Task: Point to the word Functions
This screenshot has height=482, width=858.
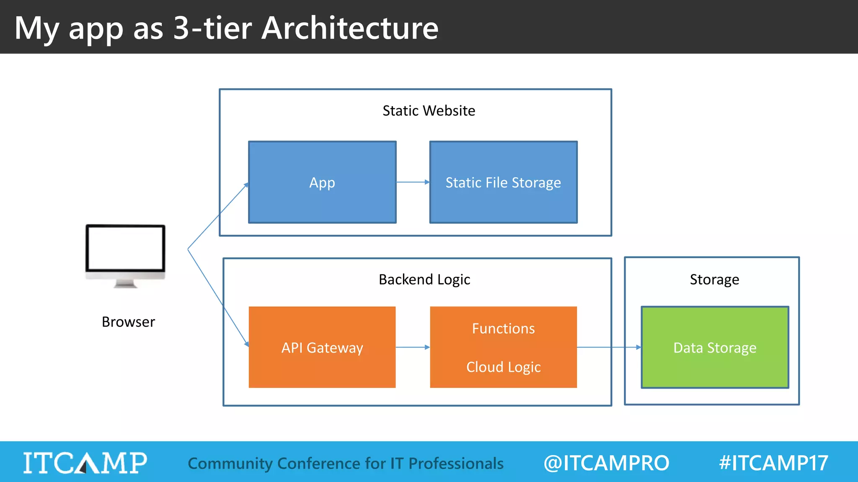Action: (503, 328)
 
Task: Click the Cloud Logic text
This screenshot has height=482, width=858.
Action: (503, 367)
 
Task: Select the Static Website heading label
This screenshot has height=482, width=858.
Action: (429, 111)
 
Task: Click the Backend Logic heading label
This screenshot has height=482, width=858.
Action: (424, 279)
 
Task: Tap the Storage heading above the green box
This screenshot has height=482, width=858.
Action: (714, 279)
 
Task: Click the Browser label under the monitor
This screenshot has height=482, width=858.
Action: (128, 322)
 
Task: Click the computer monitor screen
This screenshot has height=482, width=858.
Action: (125, 248)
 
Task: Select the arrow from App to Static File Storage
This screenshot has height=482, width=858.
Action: (413, 182)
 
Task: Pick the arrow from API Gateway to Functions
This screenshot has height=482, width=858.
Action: (413, 347)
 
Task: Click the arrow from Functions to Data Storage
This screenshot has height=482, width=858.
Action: (608, 347)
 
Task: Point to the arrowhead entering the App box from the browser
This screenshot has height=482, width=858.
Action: (246, 185)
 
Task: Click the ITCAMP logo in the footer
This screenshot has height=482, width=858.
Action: (85, 462)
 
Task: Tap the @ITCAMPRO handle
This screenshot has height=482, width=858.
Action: (606, 463)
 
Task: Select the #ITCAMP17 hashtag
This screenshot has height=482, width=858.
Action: (773, 463)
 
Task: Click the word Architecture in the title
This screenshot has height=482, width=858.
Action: (350, 28)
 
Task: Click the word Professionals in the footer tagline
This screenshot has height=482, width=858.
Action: (456, 463)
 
